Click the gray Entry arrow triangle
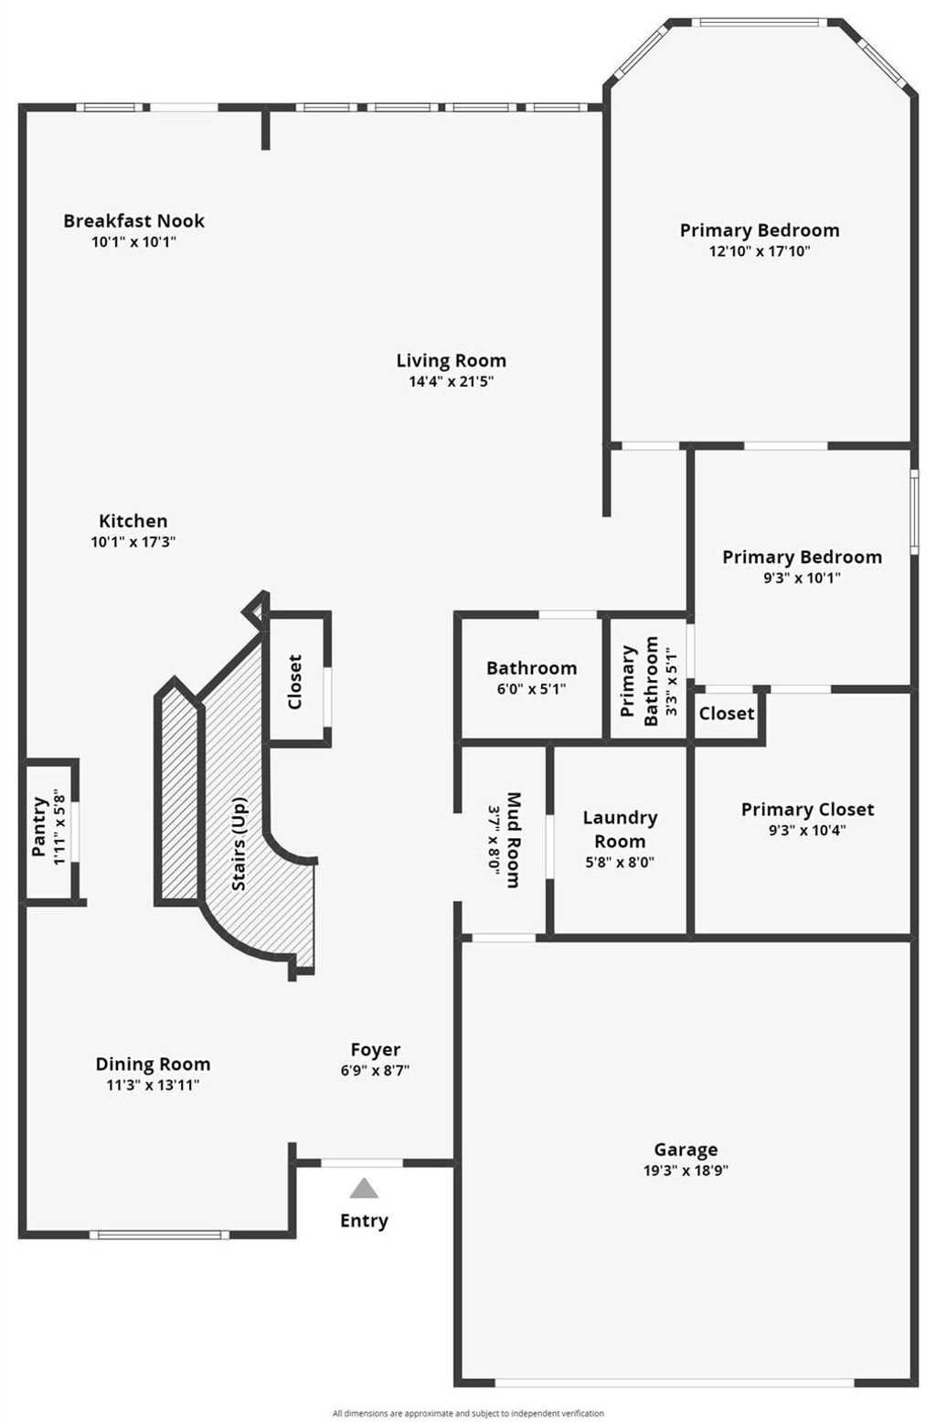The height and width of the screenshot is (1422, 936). coord(364,1188)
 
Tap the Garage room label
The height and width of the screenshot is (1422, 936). coord(686,1149)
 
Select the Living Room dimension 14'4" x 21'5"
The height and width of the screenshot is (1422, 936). coord(451,381)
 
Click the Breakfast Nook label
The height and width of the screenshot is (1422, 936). coord(134,221)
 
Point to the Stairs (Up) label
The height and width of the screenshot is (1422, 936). coord(239,843)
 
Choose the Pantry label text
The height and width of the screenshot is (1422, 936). coord(39,826)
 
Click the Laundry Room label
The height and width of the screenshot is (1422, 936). coord(620,829)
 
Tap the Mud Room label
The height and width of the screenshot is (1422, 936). coord(513,840)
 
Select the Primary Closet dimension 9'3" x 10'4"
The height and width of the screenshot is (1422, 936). coord(807,831)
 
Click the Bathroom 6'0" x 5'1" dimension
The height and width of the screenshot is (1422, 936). coord(531,689)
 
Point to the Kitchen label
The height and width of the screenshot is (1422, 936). coord(133,521)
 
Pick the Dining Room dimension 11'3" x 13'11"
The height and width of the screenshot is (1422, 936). coord(153,1085)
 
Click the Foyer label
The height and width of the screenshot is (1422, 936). coord(376,1050)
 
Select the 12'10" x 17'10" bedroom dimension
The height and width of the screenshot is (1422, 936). coord(760,250)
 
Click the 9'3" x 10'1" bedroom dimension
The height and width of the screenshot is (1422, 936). coord(802,578)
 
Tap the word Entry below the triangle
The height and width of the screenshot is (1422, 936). coord(364,1220)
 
